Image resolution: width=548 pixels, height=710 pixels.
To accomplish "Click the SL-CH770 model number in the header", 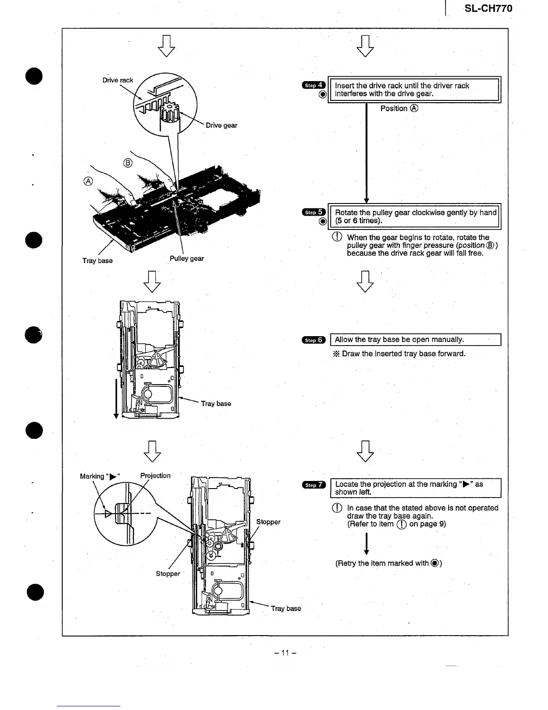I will coord(488,9).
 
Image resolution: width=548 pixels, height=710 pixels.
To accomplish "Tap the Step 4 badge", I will coord(314,85).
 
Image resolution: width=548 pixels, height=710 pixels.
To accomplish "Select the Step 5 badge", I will coord(314,212).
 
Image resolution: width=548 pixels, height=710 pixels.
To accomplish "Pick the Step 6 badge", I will coord(314,340).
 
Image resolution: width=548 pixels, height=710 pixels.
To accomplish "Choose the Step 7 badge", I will coord(314,485).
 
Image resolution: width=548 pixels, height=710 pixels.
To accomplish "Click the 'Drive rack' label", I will coord(117,80).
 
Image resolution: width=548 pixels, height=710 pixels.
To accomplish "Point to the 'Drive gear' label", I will coord(221,126).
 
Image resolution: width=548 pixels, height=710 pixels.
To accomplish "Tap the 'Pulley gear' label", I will coord(187,259).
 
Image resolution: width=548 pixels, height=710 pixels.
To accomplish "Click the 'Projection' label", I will coord(155,476).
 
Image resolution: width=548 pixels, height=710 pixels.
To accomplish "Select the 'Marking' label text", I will coord(92,476).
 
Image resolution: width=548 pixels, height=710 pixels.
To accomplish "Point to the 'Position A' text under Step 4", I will coord(399,108).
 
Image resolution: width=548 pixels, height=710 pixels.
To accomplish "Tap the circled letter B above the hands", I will coord(128,163).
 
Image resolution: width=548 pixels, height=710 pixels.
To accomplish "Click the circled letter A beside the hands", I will coord(88,181).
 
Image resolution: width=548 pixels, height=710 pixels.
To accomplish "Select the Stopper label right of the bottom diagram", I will coord(268,522).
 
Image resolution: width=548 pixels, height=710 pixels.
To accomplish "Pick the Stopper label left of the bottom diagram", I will coord(168,574).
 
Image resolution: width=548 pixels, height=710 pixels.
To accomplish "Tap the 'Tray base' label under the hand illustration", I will coord(97,261).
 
